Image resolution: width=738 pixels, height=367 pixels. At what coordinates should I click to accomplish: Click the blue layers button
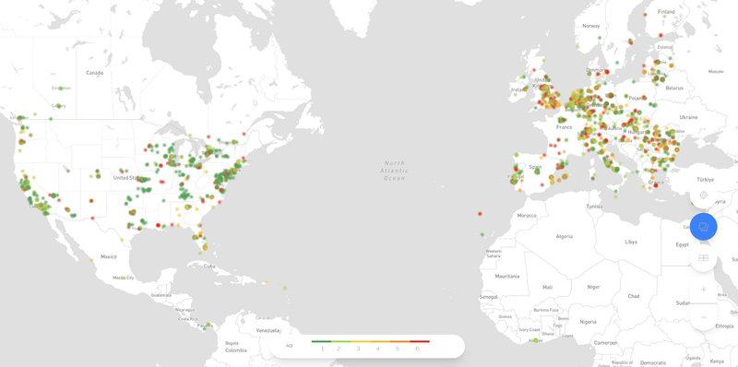[703, 226]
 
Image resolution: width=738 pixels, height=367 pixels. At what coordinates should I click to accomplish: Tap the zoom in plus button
[703, 290]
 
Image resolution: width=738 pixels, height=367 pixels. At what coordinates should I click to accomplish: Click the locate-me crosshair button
[703, 195]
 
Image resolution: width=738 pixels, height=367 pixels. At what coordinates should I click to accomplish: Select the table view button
[703, 258]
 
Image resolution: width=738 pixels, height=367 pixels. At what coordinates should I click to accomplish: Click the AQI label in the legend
[289, 346]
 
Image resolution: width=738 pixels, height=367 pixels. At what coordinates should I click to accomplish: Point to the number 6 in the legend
[417, 349]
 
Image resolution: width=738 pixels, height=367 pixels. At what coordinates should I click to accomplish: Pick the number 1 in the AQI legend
[322, 349]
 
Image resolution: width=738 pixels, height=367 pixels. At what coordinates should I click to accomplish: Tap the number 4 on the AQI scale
[378, 349]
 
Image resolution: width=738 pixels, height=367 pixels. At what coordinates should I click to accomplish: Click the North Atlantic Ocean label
[395, 170]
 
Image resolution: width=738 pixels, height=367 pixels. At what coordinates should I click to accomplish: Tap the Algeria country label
[563, 236]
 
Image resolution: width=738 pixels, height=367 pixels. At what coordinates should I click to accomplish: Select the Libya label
[631, 242]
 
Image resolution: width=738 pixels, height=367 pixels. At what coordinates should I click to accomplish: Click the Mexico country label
[109, 256]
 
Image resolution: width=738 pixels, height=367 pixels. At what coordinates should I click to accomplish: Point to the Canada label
[94, 72]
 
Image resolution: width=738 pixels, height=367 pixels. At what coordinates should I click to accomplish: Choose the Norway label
[590, 26]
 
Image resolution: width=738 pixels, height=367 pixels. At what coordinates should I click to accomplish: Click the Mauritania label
[506, 276]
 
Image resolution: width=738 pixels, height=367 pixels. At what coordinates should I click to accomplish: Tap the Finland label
[666, 12]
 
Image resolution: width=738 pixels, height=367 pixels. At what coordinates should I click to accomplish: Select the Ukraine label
[688, 117]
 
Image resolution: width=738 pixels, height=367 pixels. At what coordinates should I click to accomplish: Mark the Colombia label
[236, 349]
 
